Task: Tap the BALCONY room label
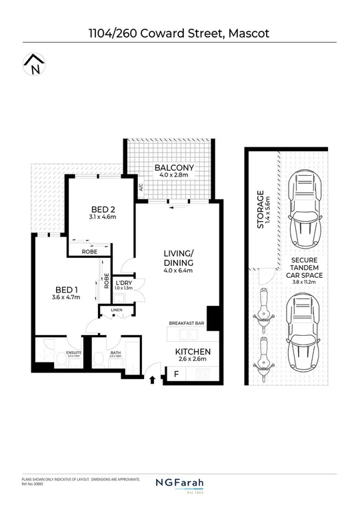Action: click(174, 168)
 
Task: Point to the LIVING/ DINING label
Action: click(179, 258)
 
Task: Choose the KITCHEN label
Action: click(193, 351)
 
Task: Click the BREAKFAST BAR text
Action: click(187, 323)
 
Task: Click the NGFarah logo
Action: click(179, 484)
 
